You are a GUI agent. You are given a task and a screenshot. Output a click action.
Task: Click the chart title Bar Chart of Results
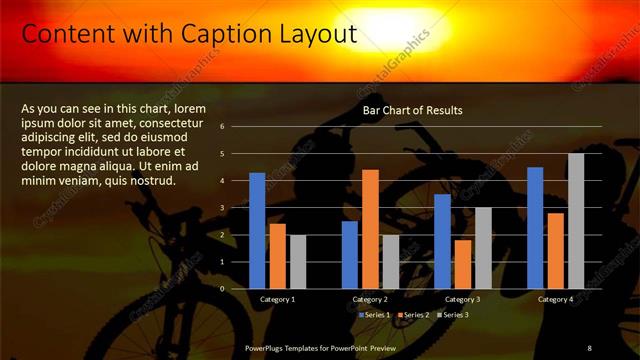click(x=412, y=110)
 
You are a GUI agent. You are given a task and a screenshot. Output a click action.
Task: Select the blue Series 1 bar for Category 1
click(x=257, y=230)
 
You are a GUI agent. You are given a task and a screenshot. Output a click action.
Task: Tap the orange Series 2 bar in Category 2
click(x=370, y=229)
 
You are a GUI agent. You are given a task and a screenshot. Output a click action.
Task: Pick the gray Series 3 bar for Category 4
click(x=576, y=221)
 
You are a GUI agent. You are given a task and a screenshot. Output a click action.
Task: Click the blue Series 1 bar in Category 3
click(x=442, y=241)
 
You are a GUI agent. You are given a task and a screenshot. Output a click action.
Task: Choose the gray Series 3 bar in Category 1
click(x=298, y=261)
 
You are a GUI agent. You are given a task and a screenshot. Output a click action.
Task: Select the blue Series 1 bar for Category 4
click(x=535, y=227)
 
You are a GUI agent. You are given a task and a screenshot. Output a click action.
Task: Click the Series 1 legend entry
click(x=375, y=315)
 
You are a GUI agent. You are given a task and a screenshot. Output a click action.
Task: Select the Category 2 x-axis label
click(x=370, y=299)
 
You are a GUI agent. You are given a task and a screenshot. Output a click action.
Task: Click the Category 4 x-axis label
click(x=555, y=299)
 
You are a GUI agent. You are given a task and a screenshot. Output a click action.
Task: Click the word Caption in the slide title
click(x=219, y=35)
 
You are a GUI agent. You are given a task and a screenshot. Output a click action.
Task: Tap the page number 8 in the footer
click(x=589, y=347)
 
